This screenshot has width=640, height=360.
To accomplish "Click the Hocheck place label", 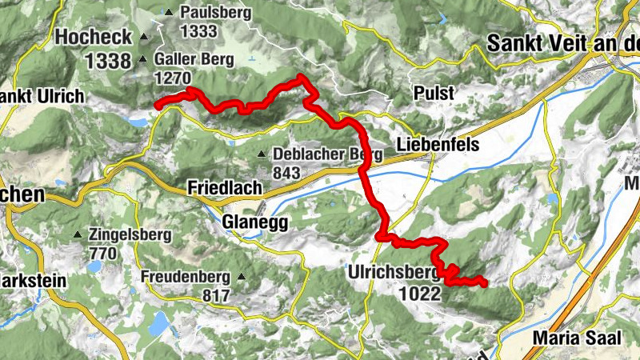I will [88, 37].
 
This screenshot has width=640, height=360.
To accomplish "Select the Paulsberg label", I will [215, 13].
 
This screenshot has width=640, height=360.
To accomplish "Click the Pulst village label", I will [434, 93].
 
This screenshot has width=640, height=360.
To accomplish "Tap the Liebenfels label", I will [437, 145].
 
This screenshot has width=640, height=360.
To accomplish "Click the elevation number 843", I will [286, 173].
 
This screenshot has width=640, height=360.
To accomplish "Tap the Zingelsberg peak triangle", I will [78, 235].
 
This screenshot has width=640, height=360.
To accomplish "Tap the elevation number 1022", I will [418, 293].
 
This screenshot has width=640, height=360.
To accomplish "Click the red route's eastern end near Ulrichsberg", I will [484, 282].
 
